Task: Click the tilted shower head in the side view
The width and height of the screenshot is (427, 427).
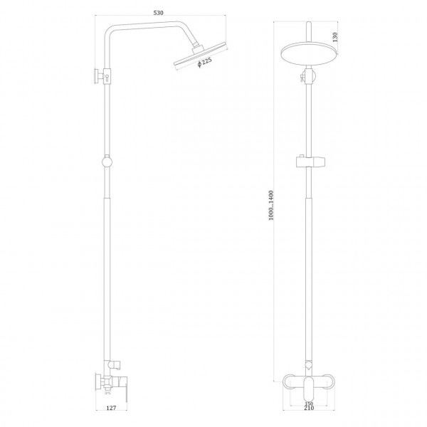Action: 195,57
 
